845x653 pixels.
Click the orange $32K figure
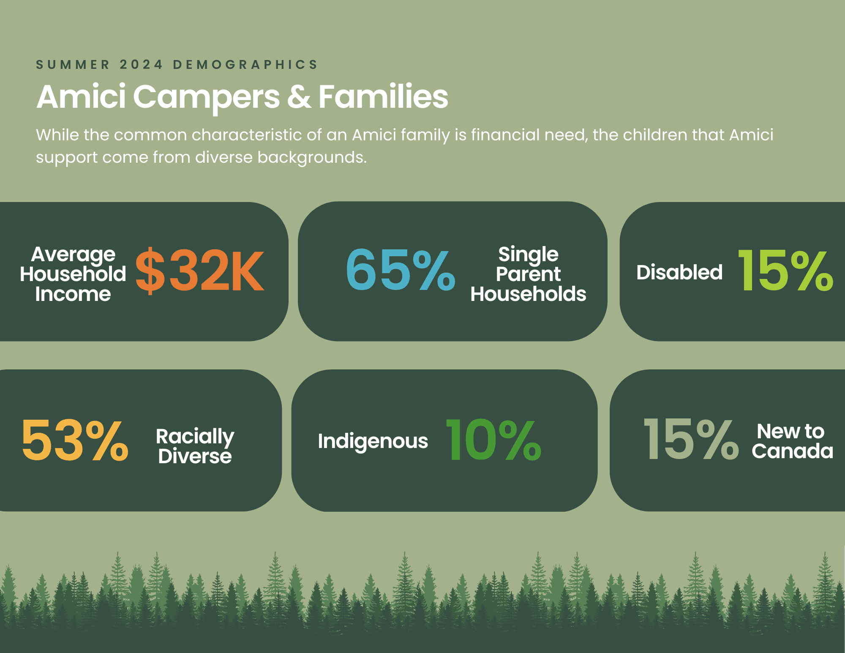(200, 271)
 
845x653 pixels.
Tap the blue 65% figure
(401, 270)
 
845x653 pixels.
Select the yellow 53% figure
(75, 440)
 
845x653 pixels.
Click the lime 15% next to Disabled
(785, 270)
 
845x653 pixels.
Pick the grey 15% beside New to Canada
(691, 439)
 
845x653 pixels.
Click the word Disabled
(679, 273)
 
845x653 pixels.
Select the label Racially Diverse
(195, 446)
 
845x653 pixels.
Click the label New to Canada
(792, 441)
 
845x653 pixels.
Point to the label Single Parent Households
(528, 274)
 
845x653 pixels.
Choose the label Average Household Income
(73, 274)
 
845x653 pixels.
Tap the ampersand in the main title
(299, 97)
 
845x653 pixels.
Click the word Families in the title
(383, 96)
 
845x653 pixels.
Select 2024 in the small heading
(141, 65)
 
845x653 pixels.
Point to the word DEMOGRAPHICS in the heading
(245, 65)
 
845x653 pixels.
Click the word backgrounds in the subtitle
(312, 158)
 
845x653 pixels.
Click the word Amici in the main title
(81, 96)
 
